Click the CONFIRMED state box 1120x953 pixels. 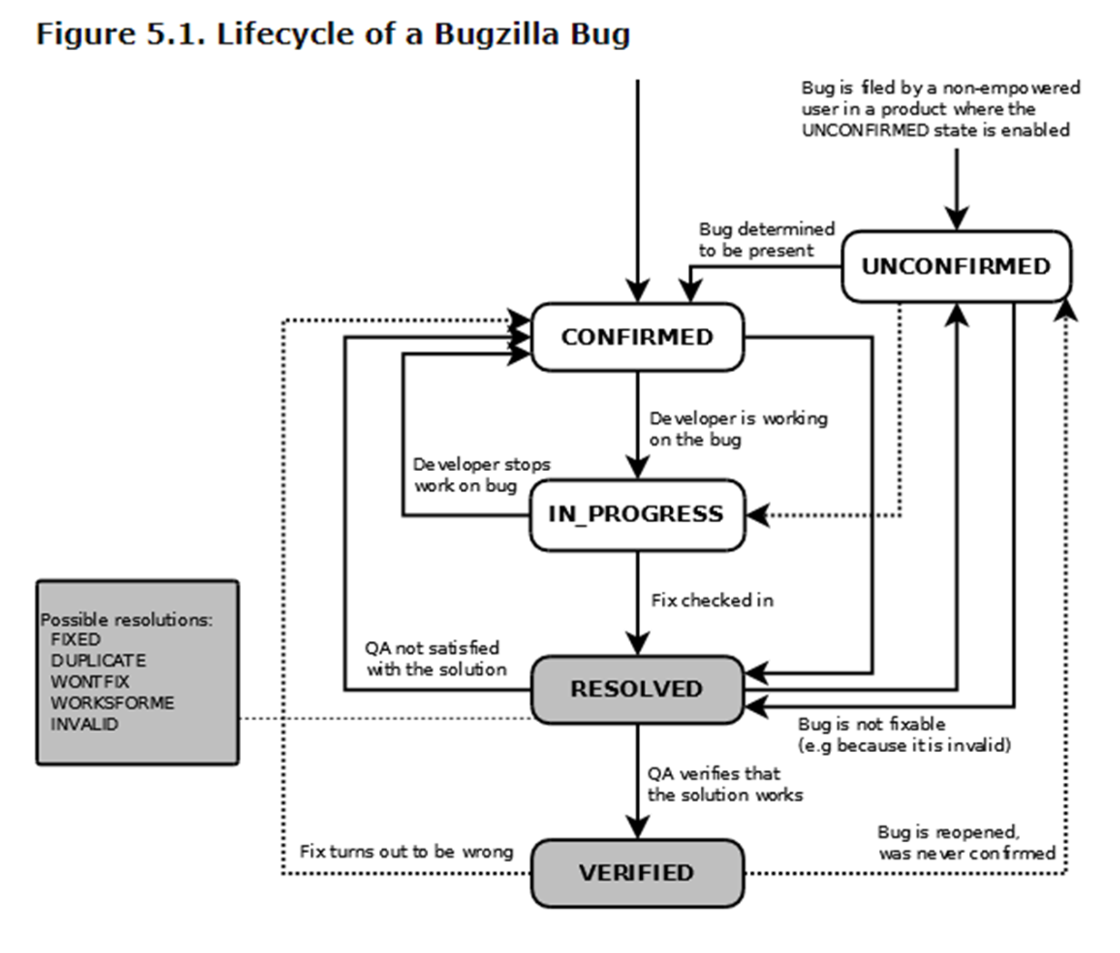pyautogui.click(x=636, y=337)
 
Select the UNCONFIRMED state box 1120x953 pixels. pyautogui.click(x=955, y=266)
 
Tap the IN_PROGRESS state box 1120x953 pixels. pyautogui.click(x=636, y=515)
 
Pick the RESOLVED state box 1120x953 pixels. pyautogui.click(x=636, y=689)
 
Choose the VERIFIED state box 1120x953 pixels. pyautogui.click(x=636, y=873)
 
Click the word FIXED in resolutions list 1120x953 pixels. pyautogui.click(x=75, y=639)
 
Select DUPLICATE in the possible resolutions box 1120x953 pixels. pyautogui.click(x=98, y=660)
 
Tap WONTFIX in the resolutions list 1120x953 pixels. pyautogui.click(x=90, y=681)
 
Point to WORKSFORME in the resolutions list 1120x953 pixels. pyautogui.click(x=112, y=703)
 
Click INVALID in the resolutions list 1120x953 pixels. pyautogui.click(x=85, y=724)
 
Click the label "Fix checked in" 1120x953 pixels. pyautogui.click(x=712, y=600)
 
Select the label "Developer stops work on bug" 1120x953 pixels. pyautogui.click(x=481, y=475)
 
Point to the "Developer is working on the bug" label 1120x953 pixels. pyautogui.click(x=737, y=428)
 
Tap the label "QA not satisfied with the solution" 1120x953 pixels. pyautogui.click(x=435, y=658)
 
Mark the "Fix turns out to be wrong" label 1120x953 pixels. pyautogui.click(x=406, y=852)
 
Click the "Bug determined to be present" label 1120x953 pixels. pyautogui.click(x=765, y=239)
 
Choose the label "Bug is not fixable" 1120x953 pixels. pyautogui.click(x=871, y=725)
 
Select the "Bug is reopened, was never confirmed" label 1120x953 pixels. pyautogui.click(x=965, y=843)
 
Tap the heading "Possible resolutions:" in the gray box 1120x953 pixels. pyautogui.click(x=126, y=619)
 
